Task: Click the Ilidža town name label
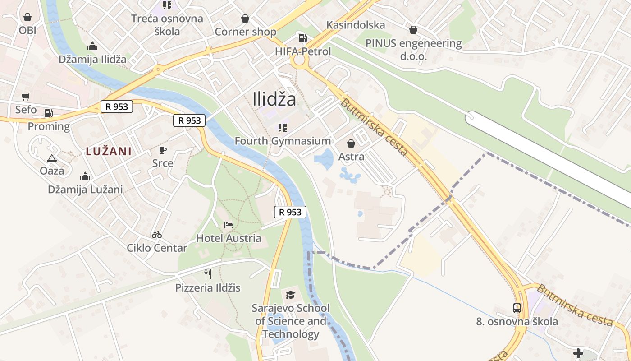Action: [x=274, y=99]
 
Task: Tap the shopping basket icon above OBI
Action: [x=27, y=18]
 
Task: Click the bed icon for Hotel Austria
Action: [x=229, y=225]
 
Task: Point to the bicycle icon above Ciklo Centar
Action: [x=157, y=235]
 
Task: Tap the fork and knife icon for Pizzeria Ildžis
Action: [x=208, y=274]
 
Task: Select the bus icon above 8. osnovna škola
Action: [x=517, y=308]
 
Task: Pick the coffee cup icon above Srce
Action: [x=163, y=150]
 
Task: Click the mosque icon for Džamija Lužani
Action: [x=85, y=176]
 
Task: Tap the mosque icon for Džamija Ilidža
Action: [x=92, y=46]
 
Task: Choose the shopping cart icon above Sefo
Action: [x=26, y=97]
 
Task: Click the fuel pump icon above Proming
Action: [x=49, y=113]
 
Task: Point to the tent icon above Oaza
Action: [x=52, y=158]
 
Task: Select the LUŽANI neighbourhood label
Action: [x=109, y=151]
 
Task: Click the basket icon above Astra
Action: [x=351, y=144]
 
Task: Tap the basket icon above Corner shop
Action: [x=245, y=19]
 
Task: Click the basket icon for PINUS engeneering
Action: [x=413, y=30]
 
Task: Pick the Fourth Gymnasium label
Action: [x=283, y=141]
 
